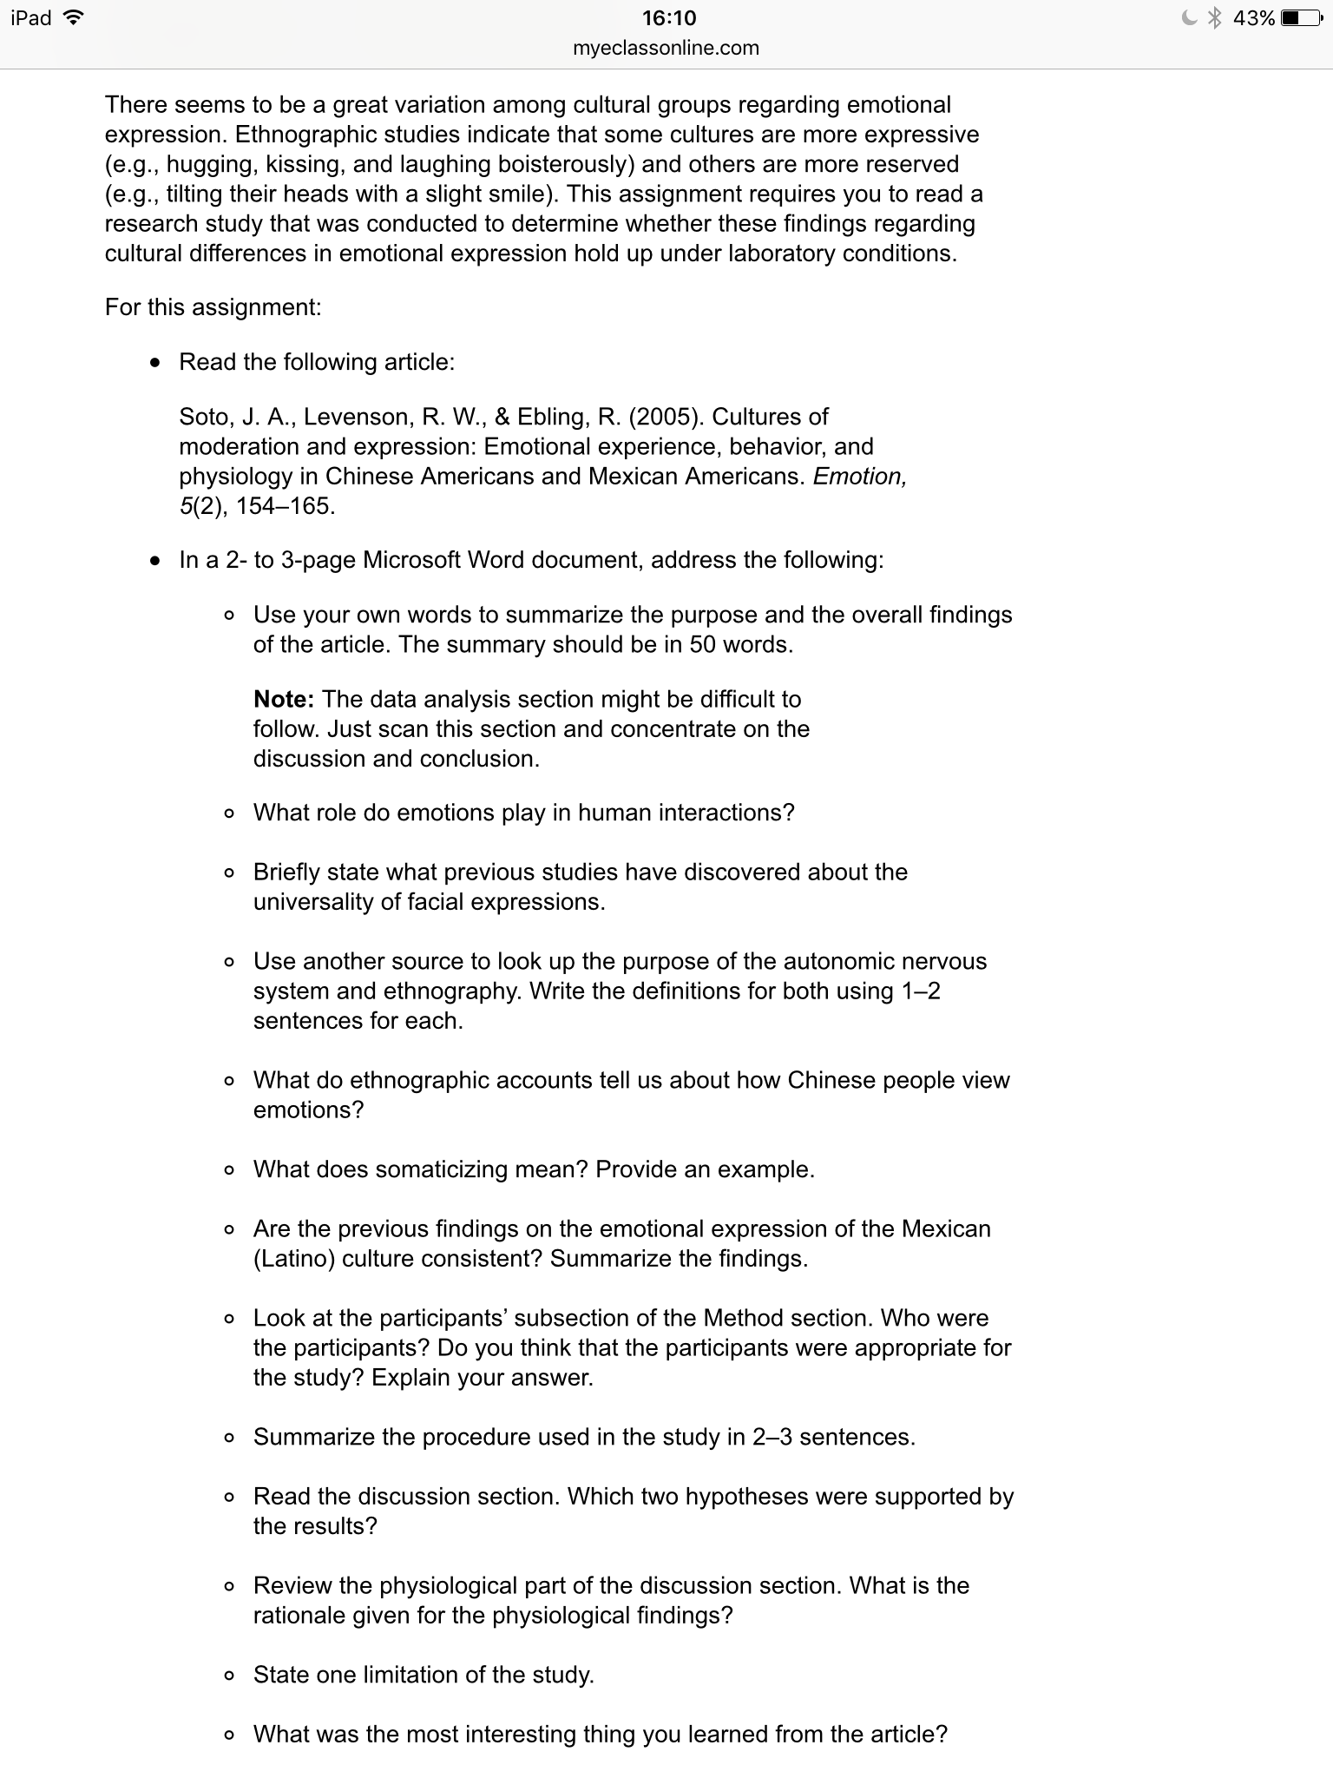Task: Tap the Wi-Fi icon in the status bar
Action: click(73, 18)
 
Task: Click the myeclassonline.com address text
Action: click(666, 49)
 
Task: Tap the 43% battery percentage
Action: click(1253, 18)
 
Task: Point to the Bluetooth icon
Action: click(1216, 18)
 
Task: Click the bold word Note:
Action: click(284, 700)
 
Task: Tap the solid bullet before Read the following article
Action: click(154, 363)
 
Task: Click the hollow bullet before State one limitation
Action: click(228, 1676)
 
